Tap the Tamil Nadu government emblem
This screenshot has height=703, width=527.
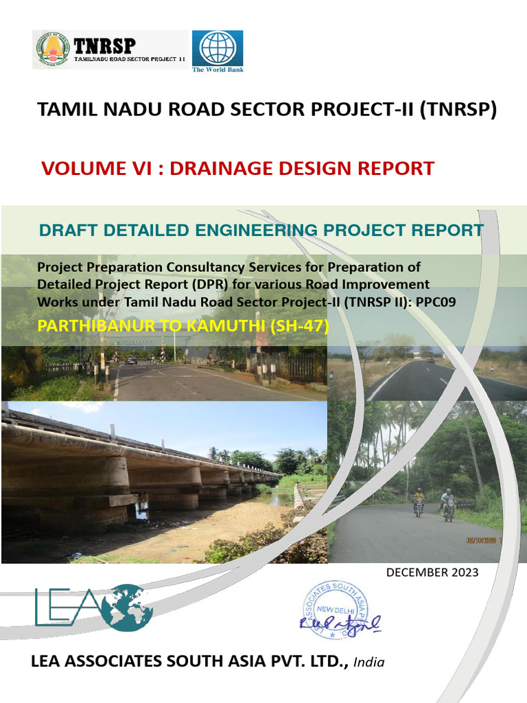coord(53,49)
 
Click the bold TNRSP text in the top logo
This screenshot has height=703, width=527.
coord(104,45)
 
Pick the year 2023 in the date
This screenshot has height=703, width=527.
coord(465,573)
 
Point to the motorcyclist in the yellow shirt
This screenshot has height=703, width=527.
coord(419,502)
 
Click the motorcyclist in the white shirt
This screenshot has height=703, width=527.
coord(447,505)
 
